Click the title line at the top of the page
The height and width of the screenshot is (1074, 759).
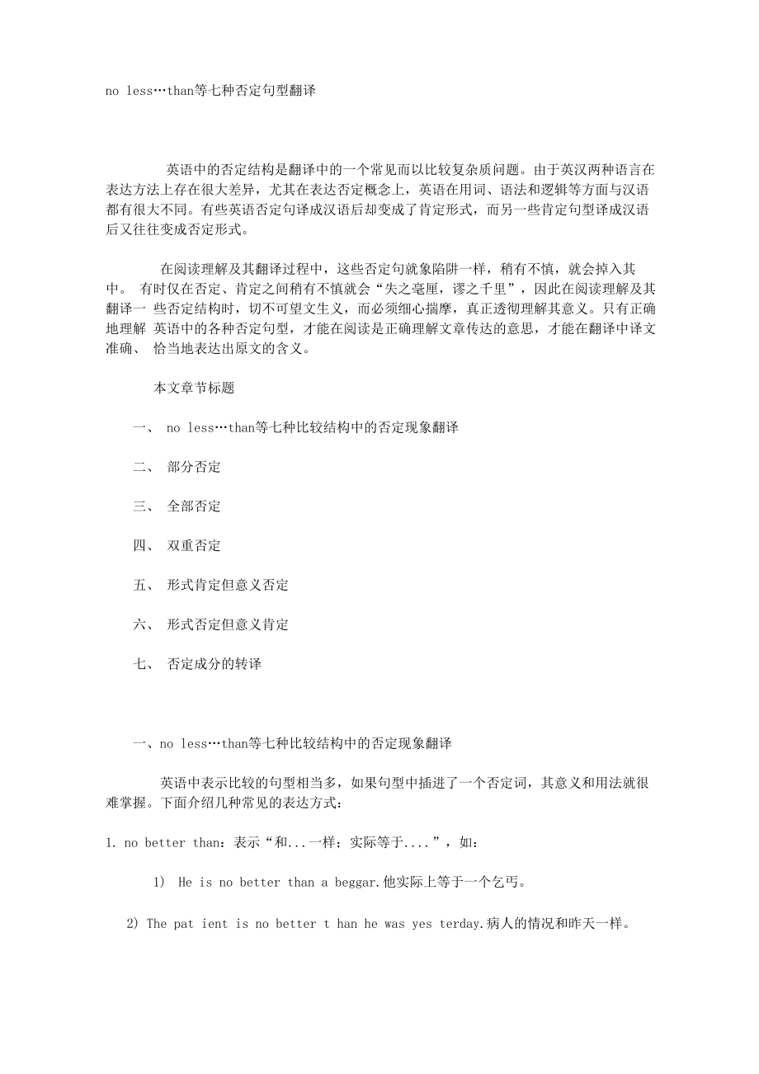pos(210,91)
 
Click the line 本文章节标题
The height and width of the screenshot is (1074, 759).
pos(194,388)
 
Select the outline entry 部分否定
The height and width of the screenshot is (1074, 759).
pos(194,467)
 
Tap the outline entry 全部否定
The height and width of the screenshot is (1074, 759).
pos(194,506)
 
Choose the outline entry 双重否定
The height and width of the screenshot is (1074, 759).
pos(194,546)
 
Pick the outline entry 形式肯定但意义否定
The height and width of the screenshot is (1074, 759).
pos(228,586)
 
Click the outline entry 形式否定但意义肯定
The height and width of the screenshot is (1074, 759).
pos(228,625)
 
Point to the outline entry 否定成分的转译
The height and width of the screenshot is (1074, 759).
pos(214,664)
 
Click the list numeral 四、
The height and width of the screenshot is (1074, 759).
pos(143,546)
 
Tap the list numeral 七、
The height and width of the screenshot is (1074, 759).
pos(143,664)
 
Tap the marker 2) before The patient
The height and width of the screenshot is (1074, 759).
pos(132,924)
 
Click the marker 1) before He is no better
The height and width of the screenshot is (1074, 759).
pos(160,883)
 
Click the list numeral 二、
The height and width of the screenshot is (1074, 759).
pos(143,467)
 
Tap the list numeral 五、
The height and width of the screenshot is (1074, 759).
pos(143,586)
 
